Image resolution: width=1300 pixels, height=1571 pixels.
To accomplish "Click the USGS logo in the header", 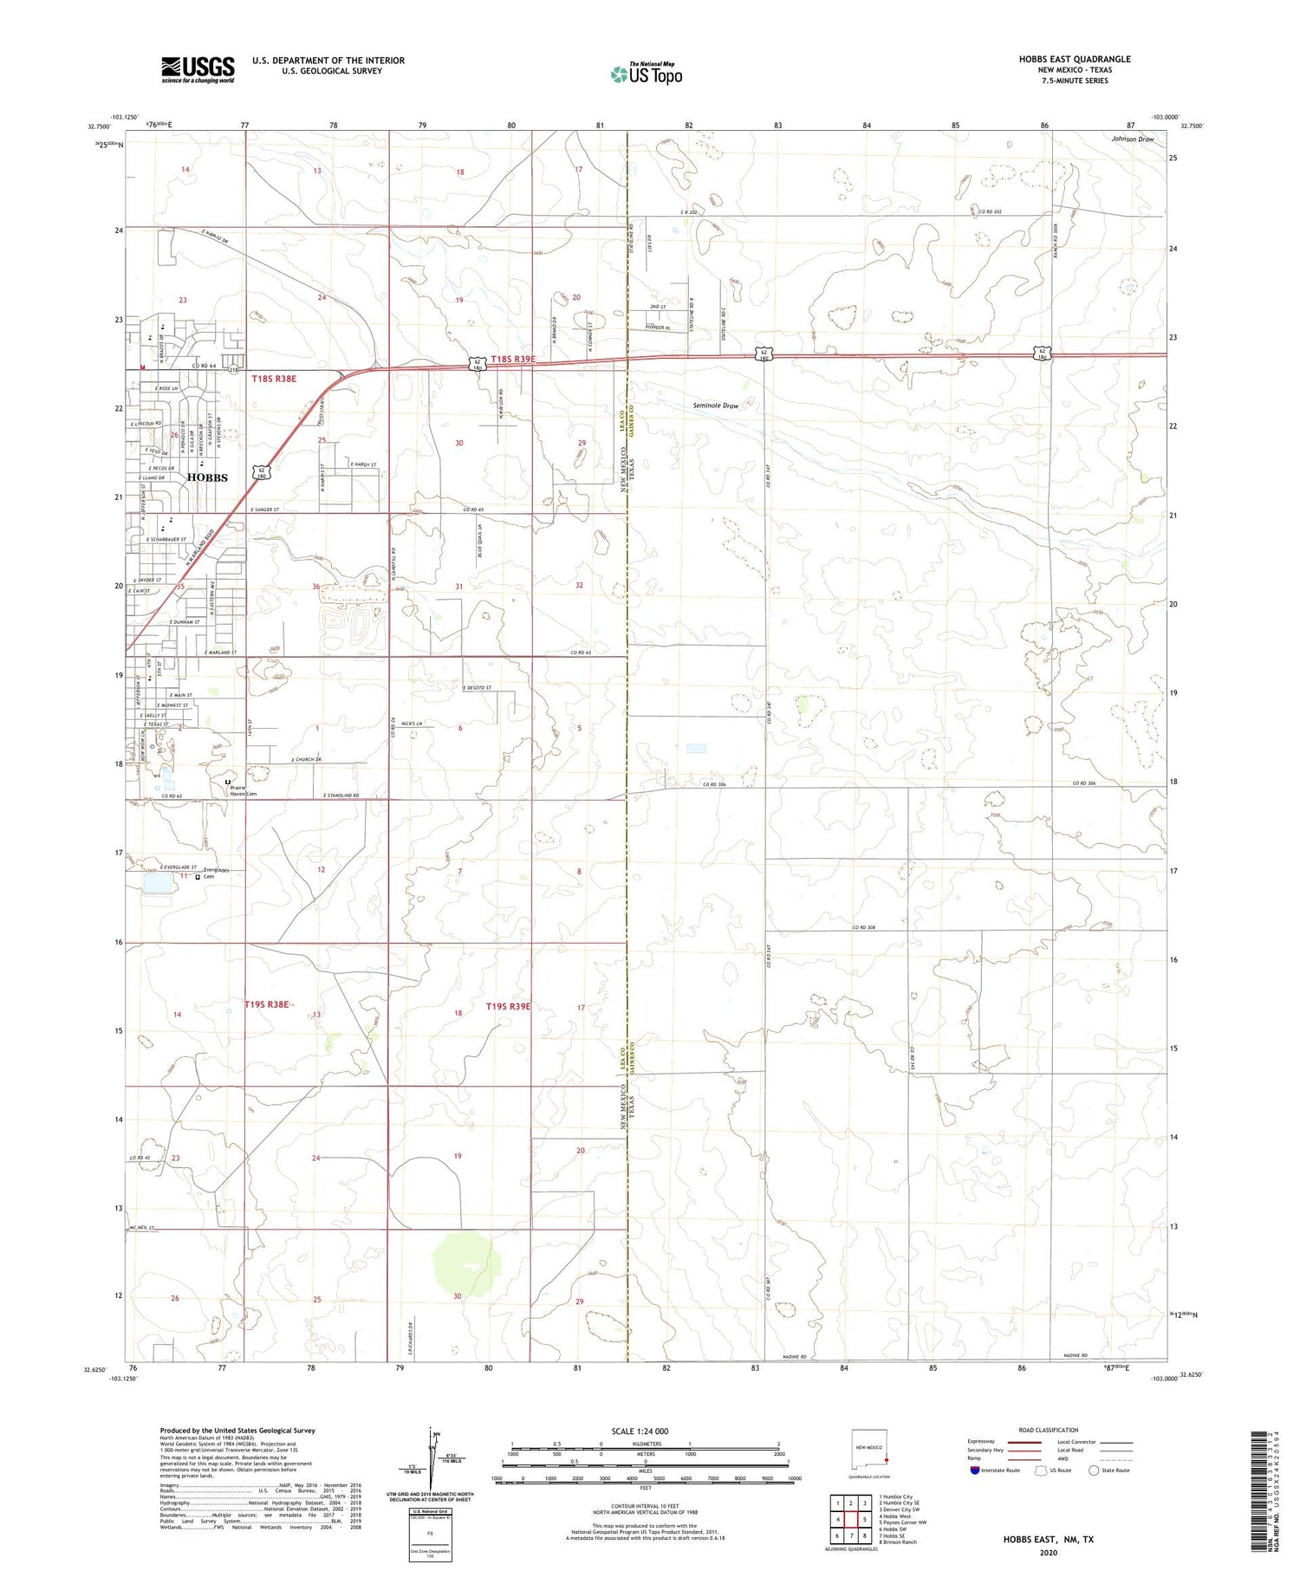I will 198,69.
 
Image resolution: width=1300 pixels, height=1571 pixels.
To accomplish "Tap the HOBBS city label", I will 207,477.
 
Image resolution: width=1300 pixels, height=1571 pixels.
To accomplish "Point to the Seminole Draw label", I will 716,406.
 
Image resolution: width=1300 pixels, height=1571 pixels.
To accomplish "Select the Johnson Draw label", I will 1133,139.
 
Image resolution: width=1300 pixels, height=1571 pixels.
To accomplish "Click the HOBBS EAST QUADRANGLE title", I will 1075,59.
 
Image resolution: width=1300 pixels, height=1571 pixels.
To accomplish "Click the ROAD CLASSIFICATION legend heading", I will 1048,1430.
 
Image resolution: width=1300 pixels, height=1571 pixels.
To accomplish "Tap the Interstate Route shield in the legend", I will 975,1470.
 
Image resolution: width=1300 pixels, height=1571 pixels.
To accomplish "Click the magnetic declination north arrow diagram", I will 431,1451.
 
